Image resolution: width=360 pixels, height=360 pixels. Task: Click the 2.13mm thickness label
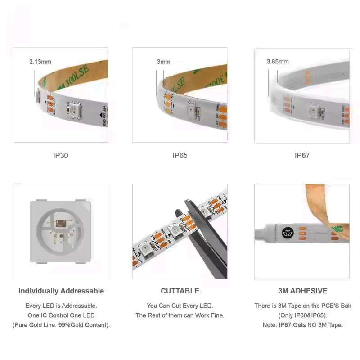(40, 62)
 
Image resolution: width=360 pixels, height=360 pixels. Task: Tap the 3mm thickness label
(163, 62)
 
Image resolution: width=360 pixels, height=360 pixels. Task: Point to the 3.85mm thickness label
(277, 62)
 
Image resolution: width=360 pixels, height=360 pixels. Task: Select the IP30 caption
(61, 156)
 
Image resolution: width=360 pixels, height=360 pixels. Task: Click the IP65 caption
(180, 156)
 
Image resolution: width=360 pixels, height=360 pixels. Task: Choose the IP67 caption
(302, 156)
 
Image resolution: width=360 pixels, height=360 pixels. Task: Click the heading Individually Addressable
(61, 291)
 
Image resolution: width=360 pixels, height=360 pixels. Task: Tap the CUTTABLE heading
(180, 291)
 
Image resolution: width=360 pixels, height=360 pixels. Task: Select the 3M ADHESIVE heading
(302, 291)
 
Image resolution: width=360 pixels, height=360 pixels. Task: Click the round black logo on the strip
(287, 233)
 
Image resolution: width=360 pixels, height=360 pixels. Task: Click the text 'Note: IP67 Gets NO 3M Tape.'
(302, 325)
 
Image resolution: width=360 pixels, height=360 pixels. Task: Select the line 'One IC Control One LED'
(61, 315)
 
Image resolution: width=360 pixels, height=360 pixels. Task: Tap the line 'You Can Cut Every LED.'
(180, 306)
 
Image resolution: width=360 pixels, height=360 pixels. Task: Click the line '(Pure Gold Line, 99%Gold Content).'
(61, 325)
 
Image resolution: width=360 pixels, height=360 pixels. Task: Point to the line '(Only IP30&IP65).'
(302, 315)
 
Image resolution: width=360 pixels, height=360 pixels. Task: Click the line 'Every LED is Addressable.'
(61, 306)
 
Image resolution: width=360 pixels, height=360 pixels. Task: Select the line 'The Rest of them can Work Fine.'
(180, 315)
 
